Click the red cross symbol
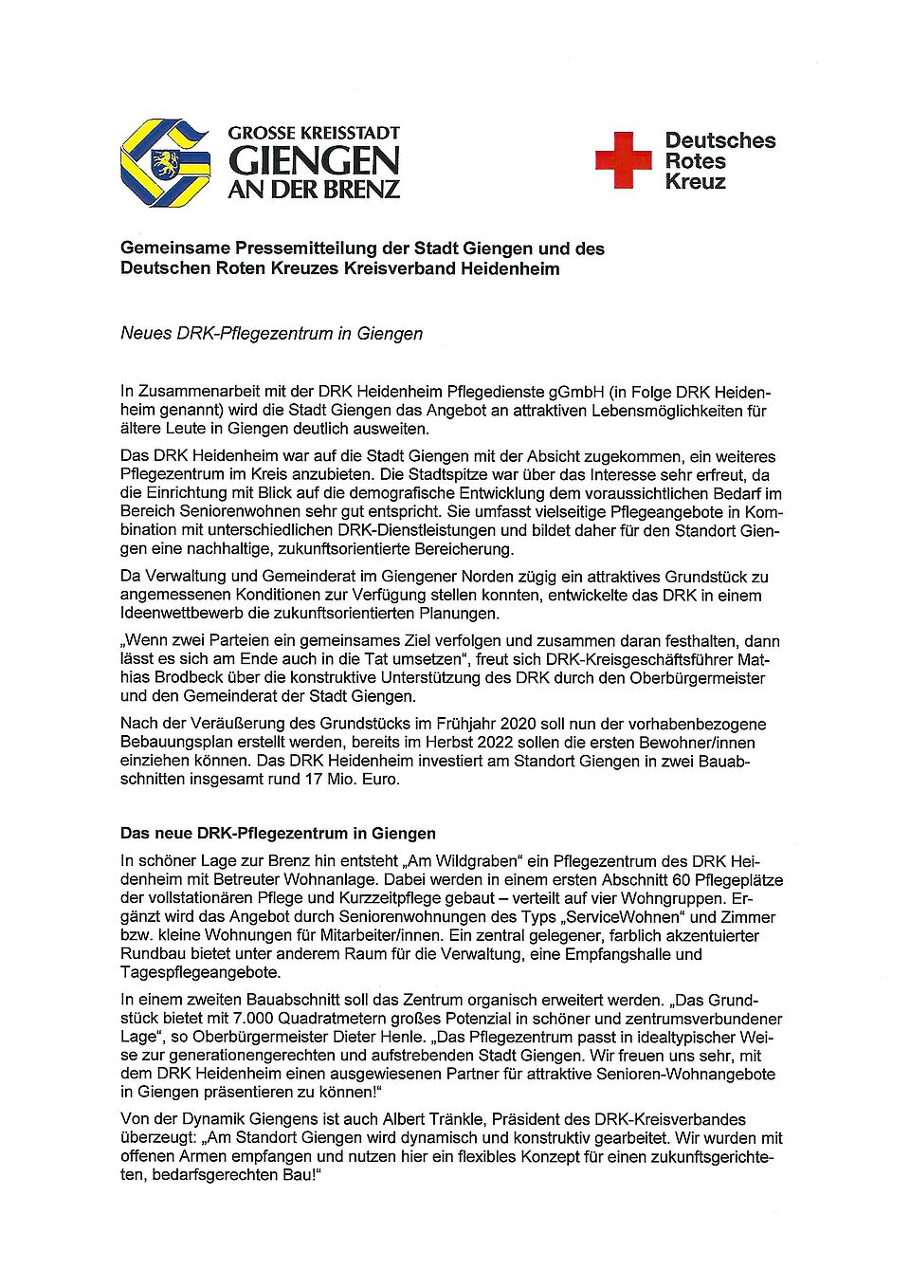[x=623, y=160]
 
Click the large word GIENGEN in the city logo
[x=314, y=161]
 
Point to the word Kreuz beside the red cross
[x=695, y=182]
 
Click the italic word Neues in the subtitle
[x=146, y=333]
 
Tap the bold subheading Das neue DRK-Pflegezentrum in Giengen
[x=278, y=834]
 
